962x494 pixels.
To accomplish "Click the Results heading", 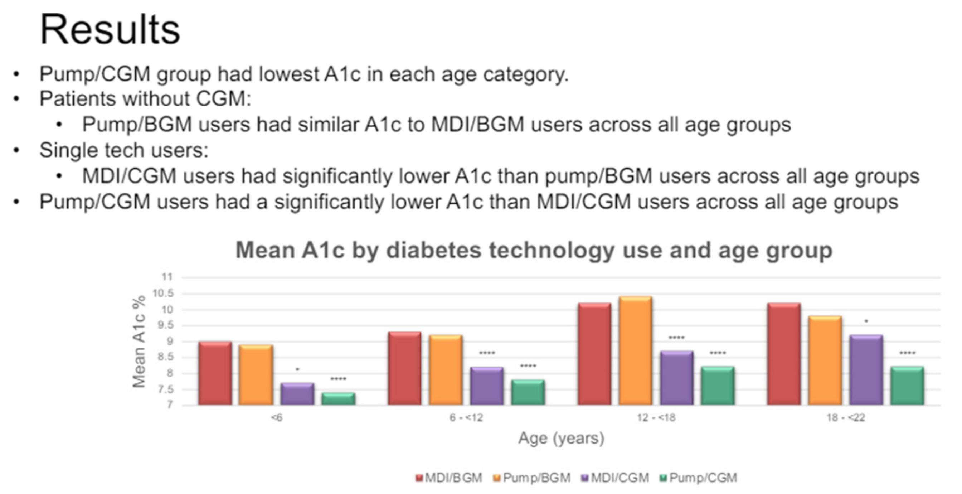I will pos(110,30).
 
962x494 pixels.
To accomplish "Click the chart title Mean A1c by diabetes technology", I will pos(534,250).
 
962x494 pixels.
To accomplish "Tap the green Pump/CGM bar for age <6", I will pos(338,398).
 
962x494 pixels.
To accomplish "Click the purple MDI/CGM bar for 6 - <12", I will pos(487,386).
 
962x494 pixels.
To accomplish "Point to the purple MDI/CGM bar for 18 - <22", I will pos(866,369).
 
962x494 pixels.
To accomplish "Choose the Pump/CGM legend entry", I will pos(699,478).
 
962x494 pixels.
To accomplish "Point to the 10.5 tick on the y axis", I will pos(163,293).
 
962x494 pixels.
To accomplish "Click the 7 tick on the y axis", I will pos(170,405).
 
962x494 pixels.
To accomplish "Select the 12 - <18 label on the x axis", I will pos(656,417).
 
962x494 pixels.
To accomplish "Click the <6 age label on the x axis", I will pos(277,417).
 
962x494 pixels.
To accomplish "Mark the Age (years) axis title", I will pos(561,438).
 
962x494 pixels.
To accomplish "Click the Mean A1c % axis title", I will pos(139,342).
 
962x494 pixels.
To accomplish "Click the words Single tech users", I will pos(123,150).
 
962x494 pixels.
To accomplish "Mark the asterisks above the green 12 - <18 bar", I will pos(718,353).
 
